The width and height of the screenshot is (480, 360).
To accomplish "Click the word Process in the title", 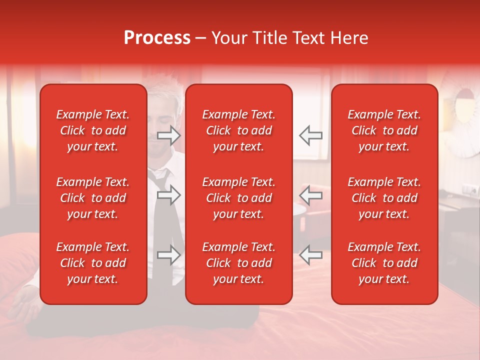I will (x=157, y=38).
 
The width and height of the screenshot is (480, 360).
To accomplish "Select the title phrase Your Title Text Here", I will (x=289, y=38).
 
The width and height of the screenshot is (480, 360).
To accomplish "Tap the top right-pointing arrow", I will (x=168, y=135).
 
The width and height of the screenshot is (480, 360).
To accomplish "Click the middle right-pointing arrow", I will (x=168, y=194).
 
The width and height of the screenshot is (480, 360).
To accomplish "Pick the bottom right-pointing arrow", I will (x=168, y=255).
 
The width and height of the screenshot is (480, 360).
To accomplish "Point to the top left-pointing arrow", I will (x=310, y=135).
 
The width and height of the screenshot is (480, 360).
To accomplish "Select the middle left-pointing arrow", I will (x=310, y=194).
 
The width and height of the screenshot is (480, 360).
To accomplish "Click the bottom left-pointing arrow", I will (x=310, y=255).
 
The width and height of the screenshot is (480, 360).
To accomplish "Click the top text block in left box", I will (x=93, y=130).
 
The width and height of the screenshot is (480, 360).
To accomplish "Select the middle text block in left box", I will (x=93, y=198).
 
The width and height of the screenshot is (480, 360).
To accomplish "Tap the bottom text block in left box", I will (x=93, y=263).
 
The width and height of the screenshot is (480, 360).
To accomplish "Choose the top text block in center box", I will (x=238, y=130).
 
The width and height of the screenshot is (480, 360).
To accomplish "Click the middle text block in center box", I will (x=238, y=198).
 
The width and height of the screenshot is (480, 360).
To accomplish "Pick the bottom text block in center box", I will (x=238, y=263).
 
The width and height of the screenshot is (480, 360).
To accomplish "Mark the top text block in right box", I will (x=384, y=130).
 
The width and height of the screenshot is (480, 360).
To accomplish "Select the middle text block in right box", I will (x=384, y=198).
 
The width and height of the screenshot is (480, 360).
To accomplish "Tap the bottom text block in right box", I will (x=384, y=263).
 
